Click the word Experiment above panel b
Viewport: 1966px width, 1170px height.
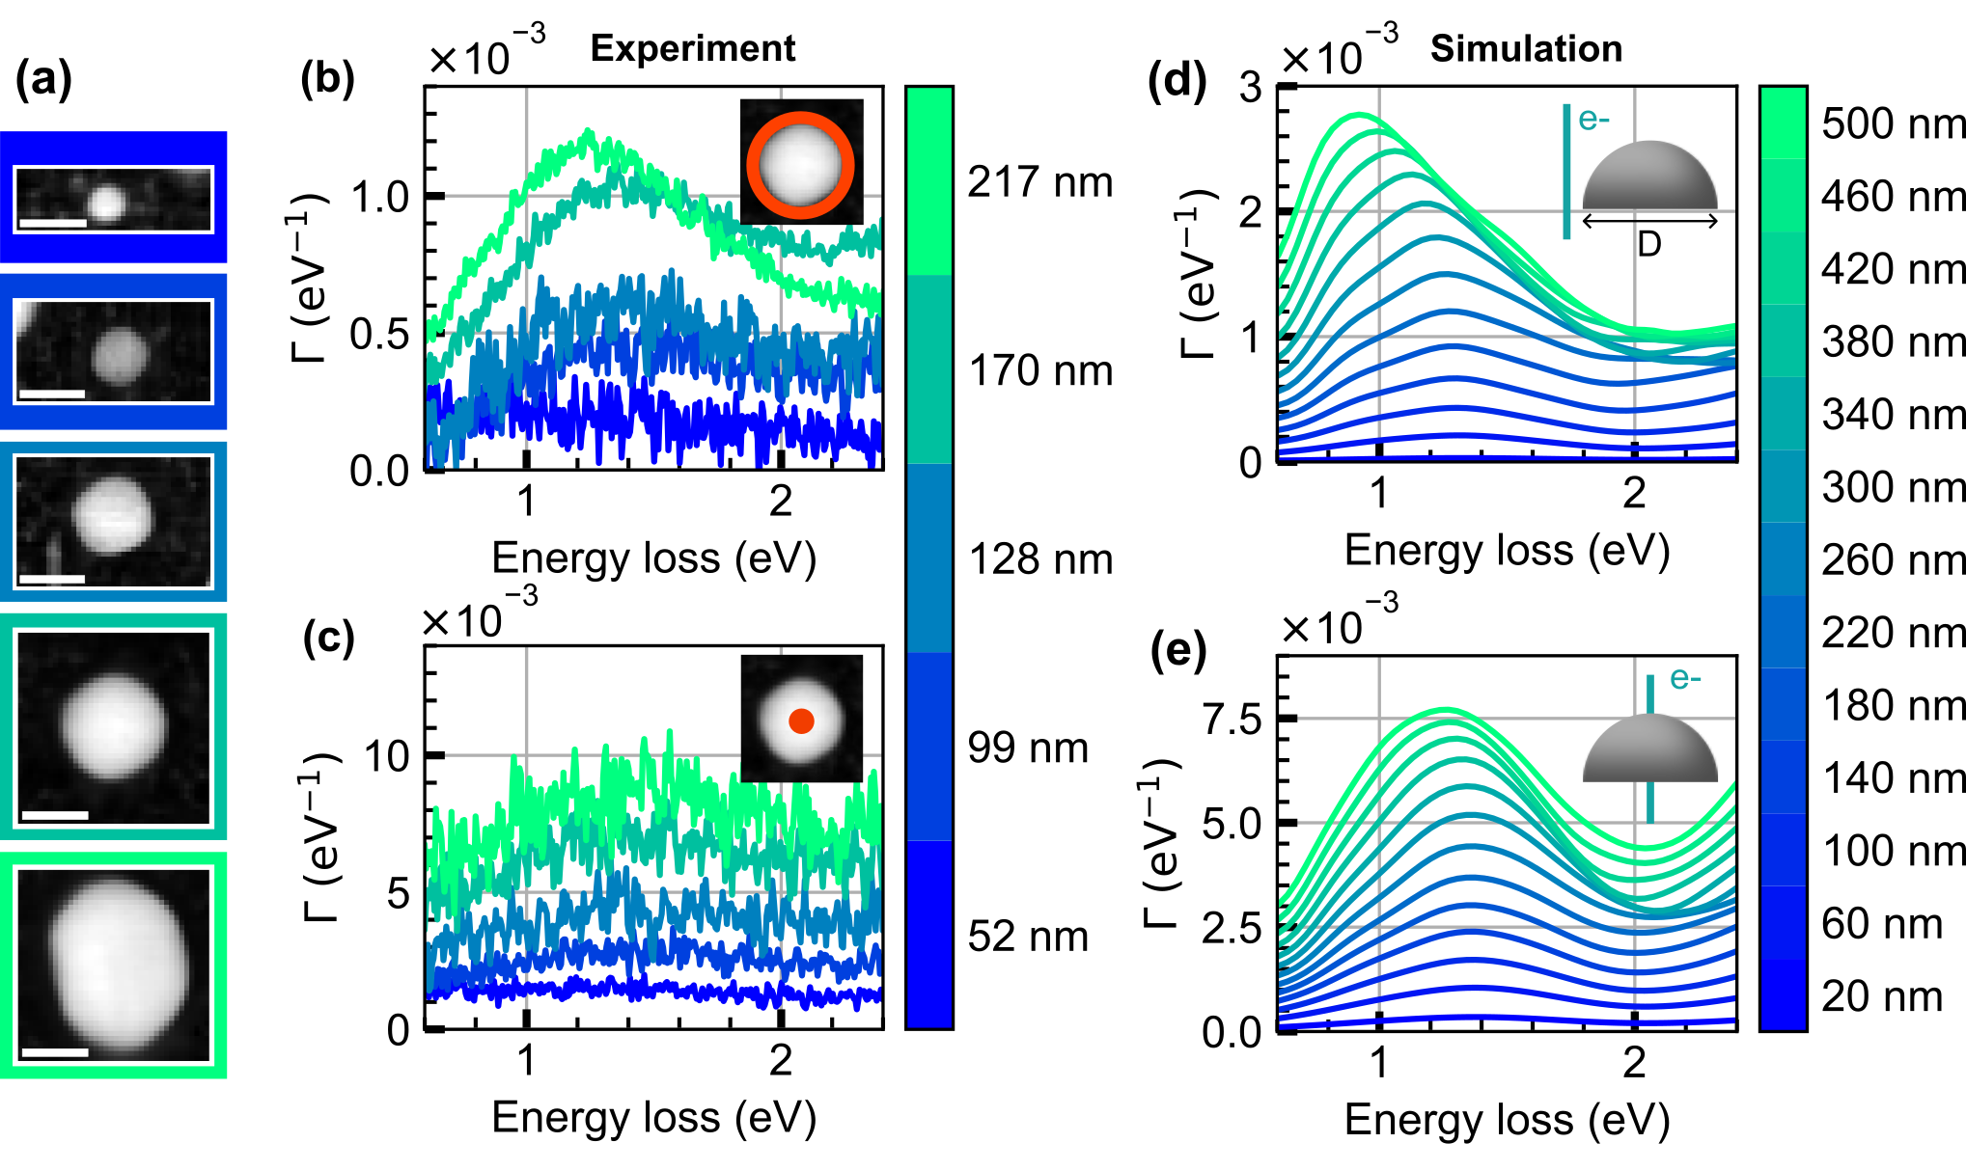[x=693, y=48]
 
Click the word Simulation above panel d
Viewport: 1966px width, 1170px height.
[x=1526, y=48]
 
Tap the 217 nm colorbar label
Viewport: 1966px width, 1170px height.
[x=1040, y=181]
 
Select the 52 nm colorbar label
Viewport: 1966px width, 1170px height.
[x=1028, y=936]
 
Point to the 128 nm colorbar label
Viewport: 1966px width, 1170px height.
[x=1040, y=559]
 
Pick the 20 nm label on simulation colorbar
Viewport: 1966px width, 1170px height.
[x=1881, y=995]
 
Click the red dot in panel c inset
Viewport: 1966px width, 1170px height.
[x=801, y=721]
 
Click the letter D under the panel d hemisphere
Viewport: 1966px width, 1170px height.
[x=1649, y=245]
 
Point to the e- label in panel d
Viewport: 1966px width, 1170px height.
[x=1593, y=120]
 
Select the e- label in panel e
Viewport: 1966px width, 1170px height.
[x=1685, y=678]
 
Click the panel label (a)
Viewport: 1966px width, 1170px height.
[x=43, y=78]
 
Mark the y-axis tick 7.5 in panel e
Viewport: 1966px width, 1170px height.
[x=1232, y=720]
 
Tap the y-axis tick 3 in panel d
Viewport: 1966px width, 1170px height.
[x=1251, y=88]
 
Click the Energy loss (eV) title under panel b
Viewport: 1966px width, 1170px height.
[x=653, y=558]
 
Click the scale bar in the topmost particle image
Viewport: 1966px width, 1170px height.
[x=52, y=224]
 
